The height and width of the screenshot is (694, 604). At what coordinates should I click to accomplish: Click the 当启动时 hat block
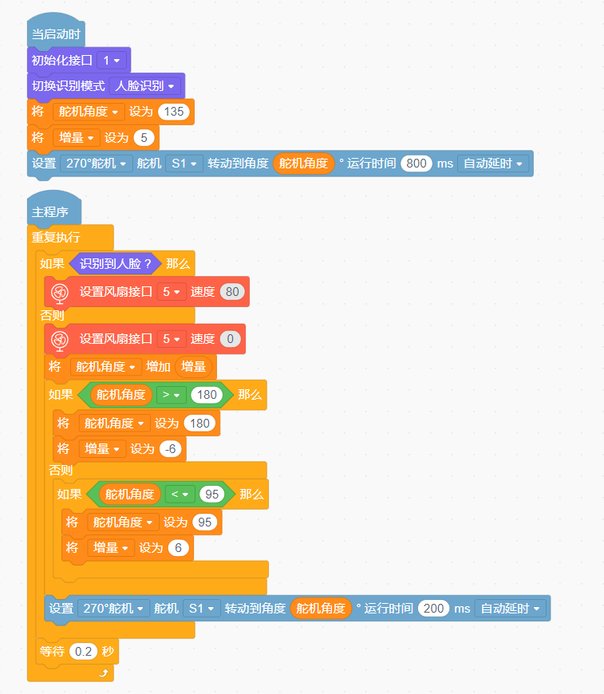[x=56, y=34]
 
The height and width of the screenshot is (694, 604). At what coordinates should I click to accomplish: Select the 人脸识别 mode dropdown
[x=144, y=86]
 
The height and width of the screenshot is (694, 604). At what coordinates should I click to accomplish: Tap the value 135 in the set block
[x=174, y=112]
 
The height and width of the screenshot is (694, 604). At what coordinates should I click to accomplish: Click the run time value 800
[x=416, y=164]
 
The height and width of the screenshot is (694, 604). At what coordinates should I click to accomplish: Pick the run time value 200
[x=433, y=609]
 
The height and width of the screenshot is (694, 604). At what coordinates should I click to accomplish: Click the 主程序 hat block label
[x=50, y=212]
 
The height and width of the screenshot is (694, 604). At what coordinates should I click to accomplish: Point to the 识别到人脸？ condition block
[x=115, y=264]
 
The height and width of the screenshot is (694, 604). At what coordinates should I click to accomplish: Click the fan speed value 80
[x=232, y=292]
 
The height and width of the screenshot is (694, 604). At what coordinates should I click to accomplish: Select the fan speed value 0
[x=231, y=339]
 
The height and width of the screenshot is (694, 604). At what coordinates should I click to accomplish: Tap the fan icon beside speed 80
[x=60, y=293]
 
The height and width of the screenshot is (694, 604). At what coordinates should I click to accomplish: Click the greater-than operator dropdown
[x=172, y=395]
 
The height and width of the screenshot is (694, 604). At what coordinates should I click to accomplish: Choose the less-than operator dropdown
[x=180, y=494]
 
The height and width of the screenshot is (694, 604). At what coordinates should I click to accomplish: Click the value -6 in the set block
[x=171, y=449]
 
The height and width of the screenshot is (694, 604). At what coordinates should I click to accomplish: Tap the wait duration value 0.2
[x=83, y=652]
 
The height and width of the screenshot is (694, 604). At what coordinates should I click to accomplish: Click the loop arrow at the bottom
[x=104, y=673]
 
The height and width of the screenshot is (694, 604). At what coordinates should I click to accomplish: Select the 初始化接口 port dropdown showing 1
[x=112, y=60]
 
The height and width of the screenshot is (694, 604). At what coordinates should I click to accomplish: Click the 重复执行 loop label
[x=56, y=238]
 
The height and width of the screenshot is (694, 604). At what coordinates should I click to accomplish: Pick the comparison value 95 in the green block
[x=211, y=494]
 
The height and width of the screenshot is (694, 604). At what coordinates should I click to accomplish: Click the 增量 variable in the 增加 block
[x=194, y=366]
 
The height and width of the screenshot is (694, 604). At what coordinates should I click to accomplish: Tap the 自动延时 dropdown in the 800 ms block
[x=493, y=164]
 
